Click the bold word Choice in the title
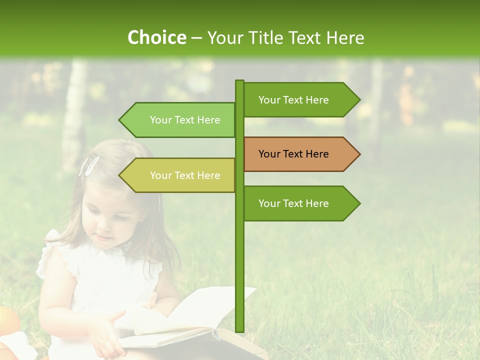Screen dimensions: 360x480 156,37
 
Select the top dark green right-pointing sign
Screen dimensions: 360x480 300,99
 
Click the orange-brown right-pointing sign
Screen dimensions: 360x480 300,154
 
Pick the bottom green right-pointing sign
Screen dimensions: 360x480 300,203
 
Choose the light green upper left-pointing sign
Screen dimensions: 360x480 180,120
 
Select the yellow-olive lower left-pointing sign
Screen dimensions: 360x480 180,175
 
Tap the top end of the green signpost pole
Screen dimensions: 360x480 239,82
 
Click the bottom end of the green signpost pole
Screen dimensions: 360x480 239,330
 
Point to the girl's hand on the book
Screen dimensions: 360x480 107,332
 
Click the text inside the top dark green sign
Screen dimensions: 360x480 293,99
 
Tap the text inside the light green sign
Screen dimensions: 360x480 185,120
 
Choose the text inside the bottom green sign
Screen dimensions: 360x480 293,203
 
